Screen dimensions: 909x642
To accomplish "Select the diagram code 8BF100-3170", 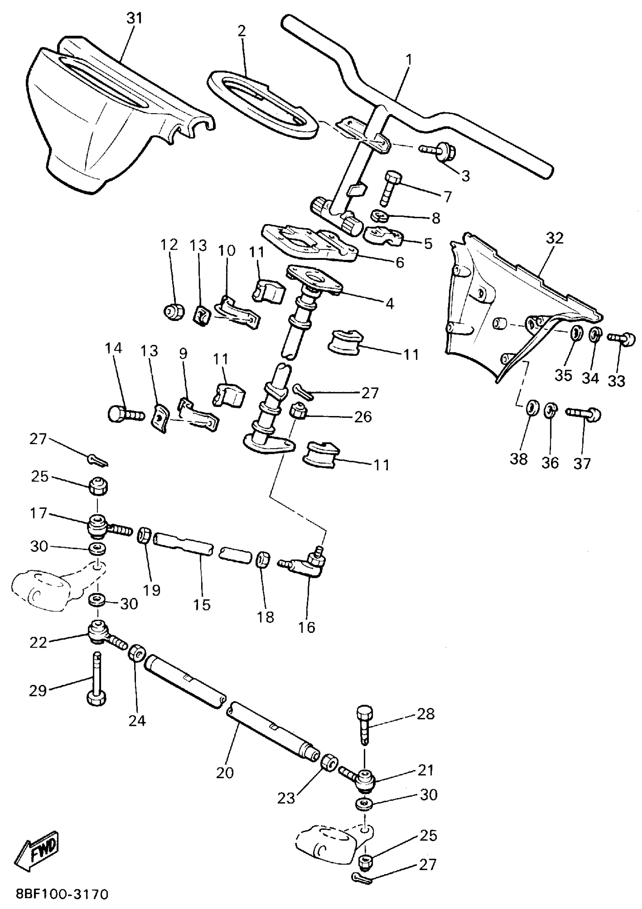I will click(x=62, y=894).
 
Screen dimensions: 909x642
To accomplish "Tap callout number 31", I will click(x=134, y=18).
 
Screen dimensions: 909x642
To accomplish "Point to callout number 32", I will click(x=554, y=238).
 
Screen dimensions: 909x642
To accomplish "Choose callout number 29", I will click(x=38, y=691).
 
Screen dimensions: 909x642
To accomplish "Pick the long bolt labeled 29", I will click(x=96, y=679).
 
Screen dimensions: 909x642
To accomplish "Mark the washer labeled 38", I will click(x=532, y=407).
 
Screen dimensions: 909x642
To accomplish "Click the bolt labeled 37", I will click(x=584, y=414).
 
